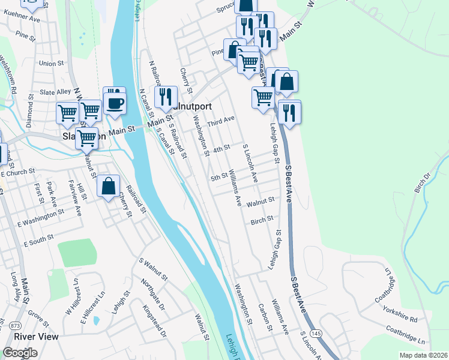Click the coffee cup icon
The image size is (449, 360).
pos(115,101)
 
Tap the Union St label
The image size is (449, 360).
pos(51,63)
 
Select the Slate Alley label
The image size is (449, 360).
pos(55,92)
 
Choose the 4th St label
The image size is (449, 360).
pos(221,148)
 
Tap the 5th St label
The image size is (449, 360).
pos(219,177)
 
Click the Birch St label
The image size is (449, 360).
pos(262,220)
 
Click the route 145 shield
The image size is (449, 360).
pos(316,333)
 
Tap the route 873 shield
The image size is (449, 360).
pos(15,325)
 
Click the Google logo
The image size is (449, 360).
pos(20,352)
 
